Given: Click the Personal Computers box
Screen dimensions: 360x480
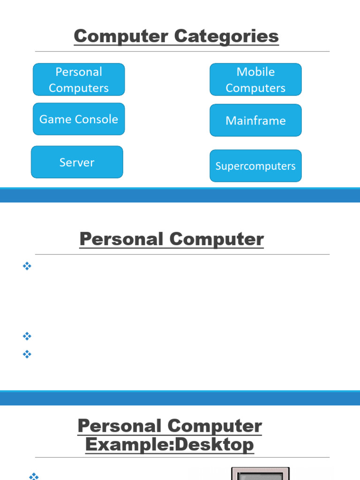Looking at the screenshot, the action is coord(79,80).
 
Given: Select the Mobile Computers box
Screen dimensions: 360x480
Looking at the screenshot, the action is coord(255,80).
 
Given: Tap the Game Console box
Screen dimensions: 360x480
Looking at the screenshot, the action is coord(79,119).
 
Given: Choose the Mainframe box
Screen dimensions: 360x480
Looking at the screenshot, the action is coord(255,120).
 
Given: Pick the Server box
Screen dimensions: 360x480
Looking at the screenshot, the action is coord(77,162).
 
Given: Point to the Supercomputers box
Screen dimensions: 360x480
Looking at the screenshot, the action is coord(255,166).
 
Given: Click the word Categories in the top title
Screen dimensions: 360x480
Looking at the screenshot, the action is coord(226,37).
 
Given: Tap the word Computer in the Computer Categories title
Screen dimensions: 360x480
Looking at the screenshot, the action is coord(121,37).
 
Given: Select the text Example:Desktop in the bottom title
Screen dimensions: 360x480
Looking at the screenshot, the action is coord(170,444).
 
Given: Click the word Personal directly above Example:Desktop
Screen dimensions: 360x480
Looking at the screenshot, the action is coord(120,426).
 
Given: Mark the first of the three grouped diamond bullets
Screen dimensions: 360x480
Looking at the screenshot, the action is coord(27,266).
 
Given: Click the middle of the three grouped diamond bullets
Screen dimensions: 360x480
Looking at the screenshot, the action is coord(27,336).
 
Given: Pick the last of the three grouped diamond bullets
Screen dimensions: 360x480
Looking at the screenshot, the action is coord(27,354).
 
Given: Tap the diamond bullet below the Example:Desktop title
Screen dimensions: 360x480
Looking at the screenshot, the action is coord(34,476).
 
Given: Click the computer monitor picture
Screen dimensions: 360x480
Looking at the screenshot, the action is coord(260,473).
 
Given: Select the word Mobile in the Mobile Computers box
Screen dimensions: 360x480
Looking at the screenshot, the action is coord(255,72).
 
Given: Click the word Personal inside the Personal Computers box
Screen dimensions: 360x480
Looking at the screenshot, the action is coord(79,72).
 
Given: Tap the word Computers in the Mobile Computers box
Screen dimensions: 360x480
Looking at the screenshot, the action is coord(255,88).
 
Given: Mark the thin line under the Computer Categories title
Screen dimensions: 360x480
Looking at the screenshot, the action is coord(182,52).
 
